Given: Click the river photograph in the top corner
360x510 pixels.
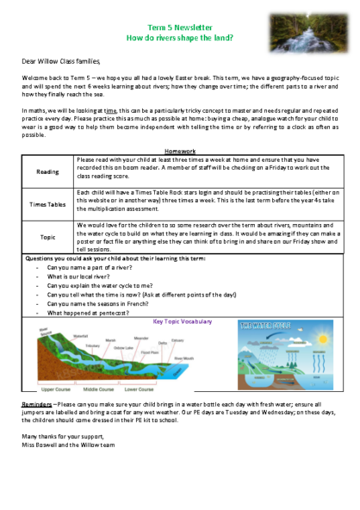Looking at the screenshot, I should tap(302, 33).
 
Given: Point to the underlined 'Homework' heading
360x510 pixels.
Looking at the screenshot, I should tap(179, 151).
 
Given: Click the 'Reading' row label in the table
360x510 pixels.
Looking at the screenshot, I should tap(48, 171).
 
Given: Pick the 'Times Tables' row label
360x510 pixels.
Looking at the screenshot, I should tap(48, 203).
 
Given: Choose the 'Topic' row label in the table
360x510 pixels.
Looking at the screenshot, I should tap(48, 236).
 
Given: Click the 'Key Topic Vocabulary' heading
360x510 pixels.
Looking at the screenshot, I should tap(182, 321).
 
